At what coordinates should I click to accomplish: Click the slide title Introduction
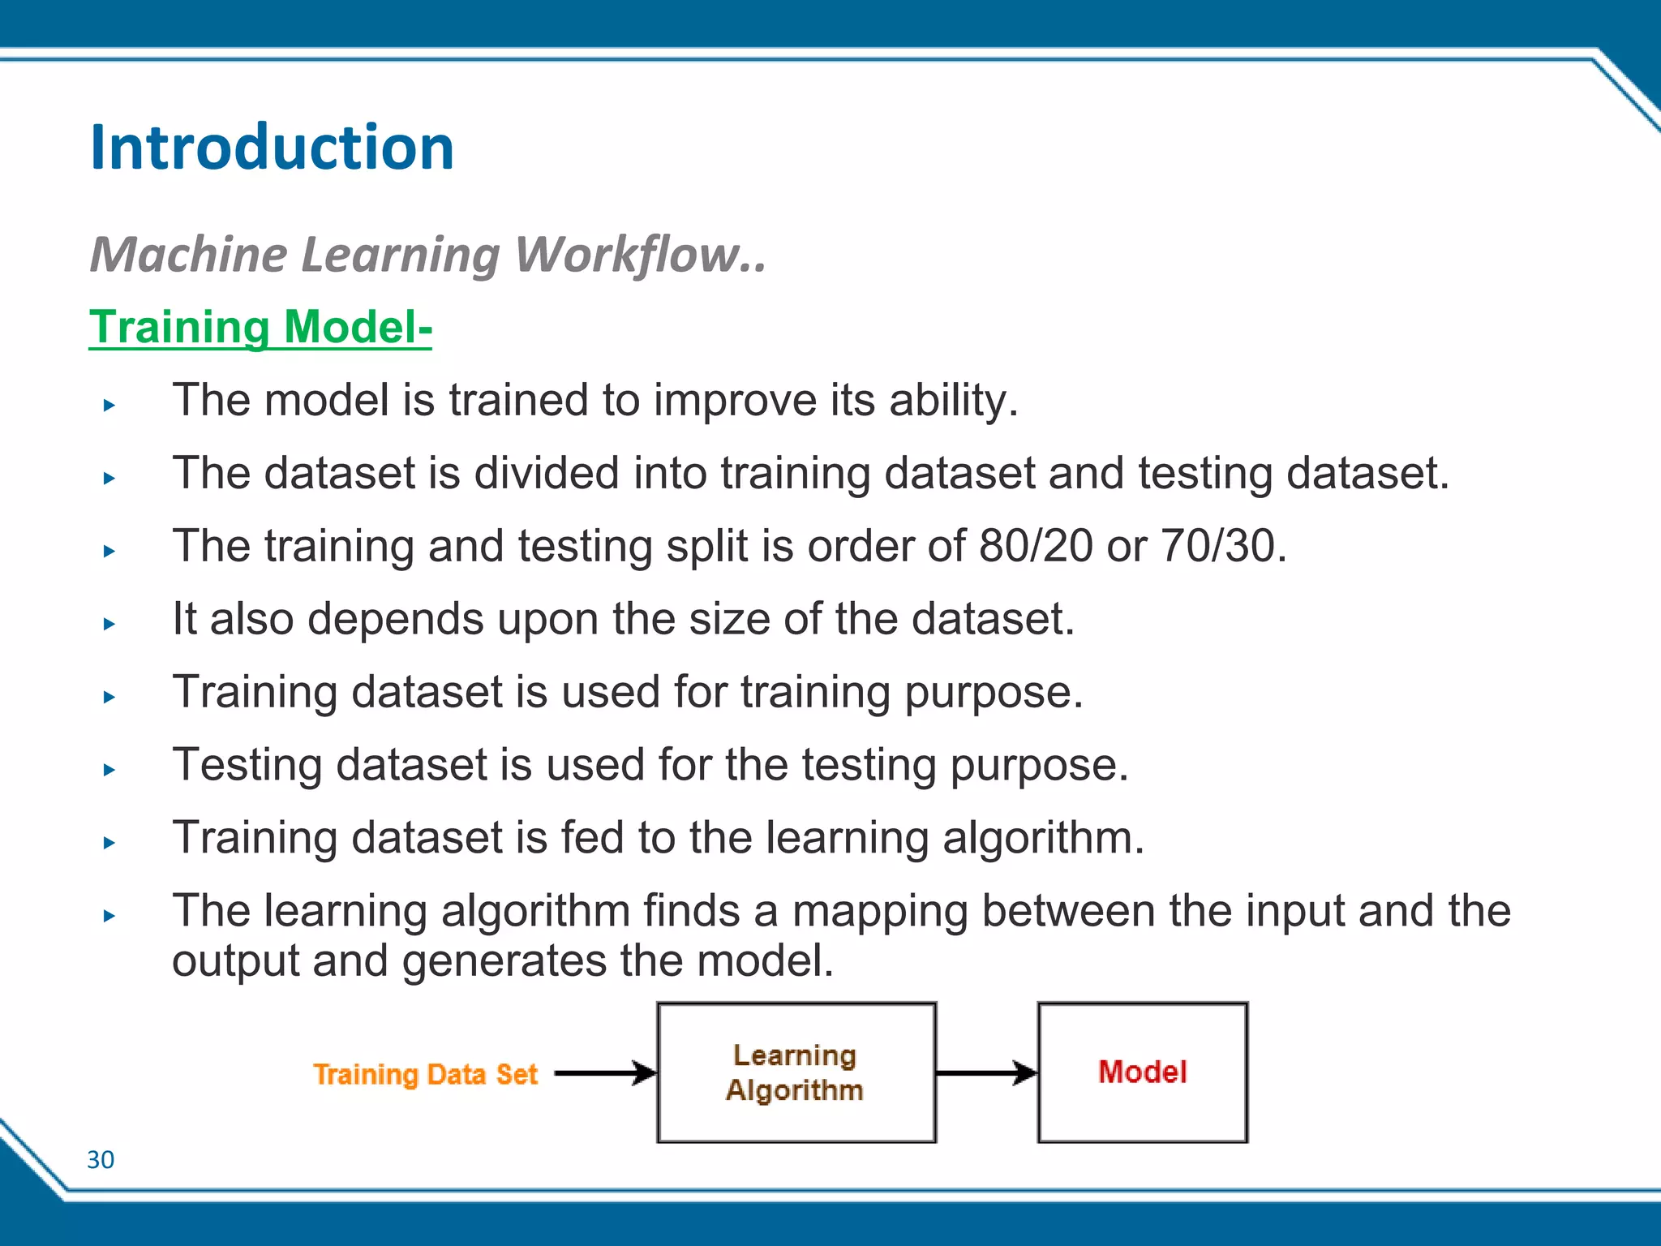[272, 148]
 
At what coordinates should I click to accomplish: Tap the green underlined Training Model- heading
[260, 327]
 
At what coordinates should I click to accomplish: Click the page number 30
[101, 1160]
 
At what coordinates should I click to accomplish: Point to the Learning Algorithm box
[796, 1072]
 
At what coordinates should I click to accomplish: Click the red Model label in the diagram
[1142, 1072]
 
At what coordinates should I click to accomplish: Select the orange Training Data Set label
[426, 1075]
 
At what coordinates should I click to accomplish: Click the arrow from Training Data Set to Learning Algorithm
[604, 1073]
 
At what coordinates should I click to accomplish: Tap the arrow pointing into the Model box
[985, 1073]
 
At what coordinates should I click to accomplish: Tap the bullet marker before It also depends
[109, 624]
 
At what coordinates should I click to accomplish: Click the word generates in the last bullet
[504, 961]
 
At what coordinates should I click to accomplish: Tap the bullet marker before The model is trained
[109, 405]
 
